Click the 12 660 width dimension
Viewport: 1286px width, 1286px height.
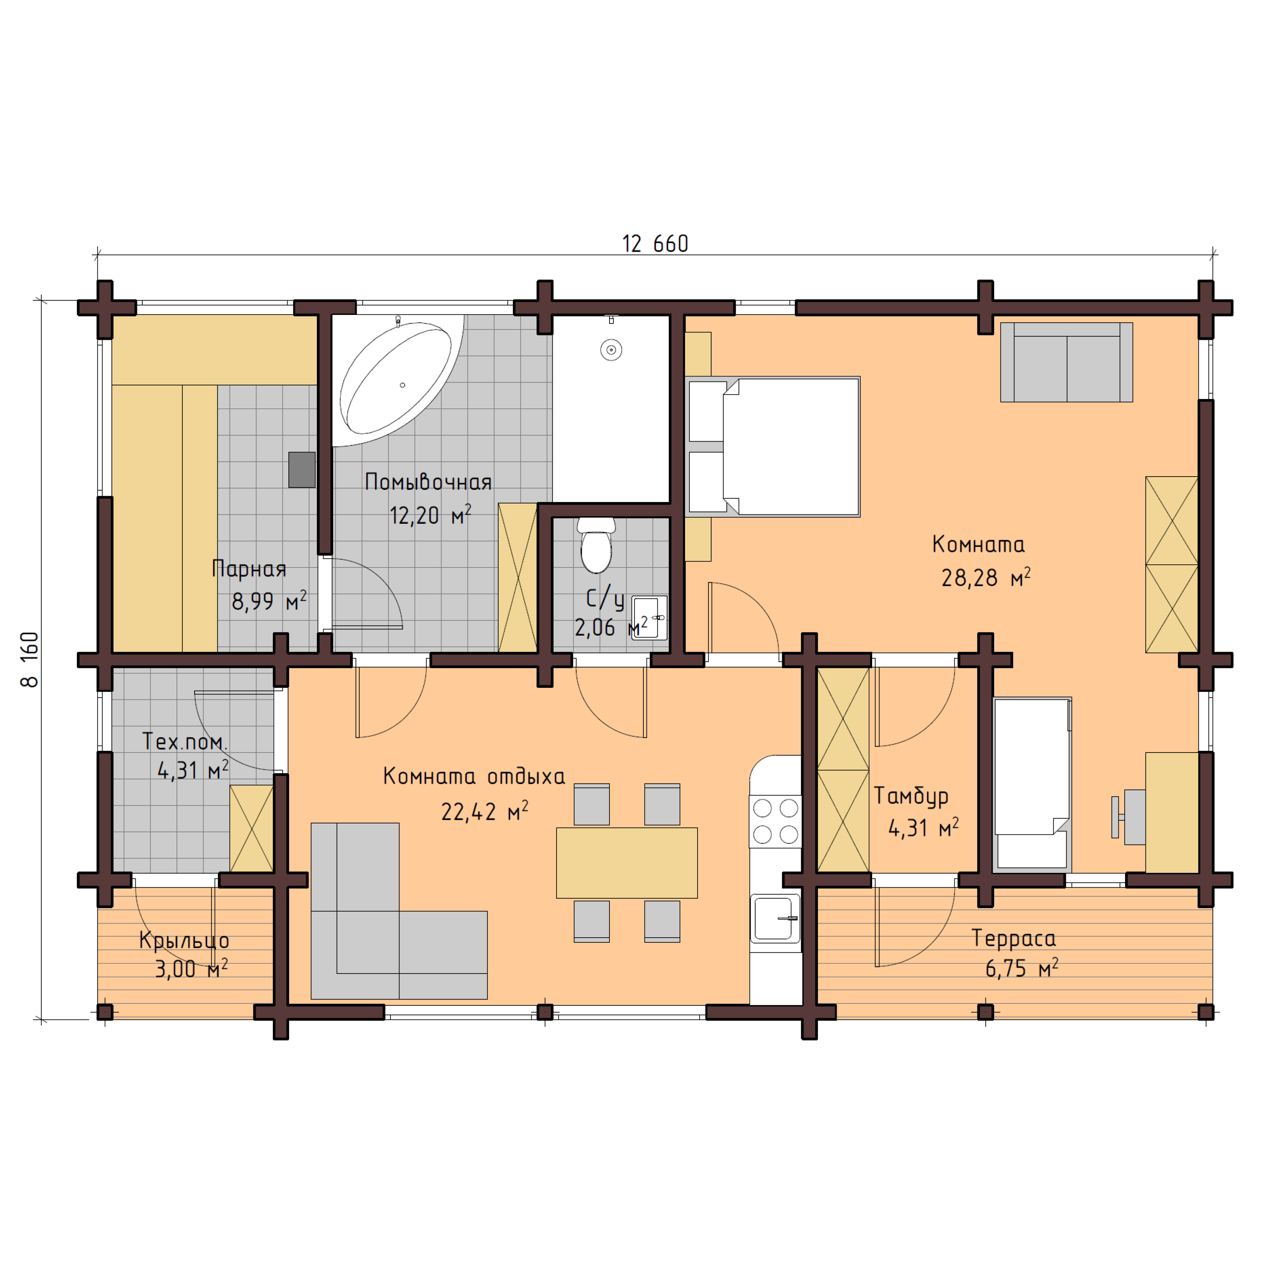pos(655,244)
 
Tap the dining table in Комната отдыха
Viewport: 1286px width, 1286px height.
pos(626,863)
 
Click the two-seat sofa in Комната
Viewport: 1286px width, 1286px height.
pos(1066,363)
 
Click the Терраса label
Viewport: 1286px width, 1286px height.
pos(1013,938)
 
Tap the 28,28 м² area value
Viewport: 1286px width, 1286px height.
pos(985,578)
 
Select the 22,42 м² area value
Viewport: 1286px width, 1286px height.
pos(484,811)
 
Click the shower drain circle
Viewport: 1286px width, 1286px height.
pos(610,350)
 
